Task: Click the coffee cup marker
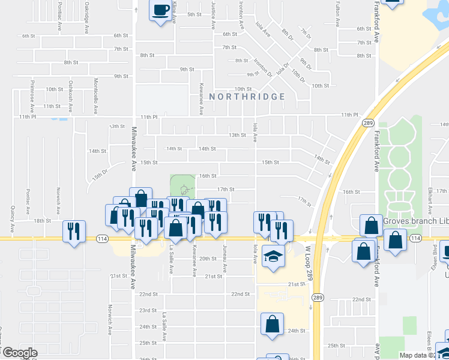pos(161,11)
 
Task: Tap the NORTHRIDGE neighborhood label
pos(247,97)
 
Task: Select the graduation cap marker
pos(273,256)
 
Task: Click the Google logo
pos(19,353)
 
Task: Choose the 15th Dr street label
pos(99,178)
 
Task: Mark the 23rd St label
pos(148,310)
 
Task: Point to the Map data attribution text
pos(414,355)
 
